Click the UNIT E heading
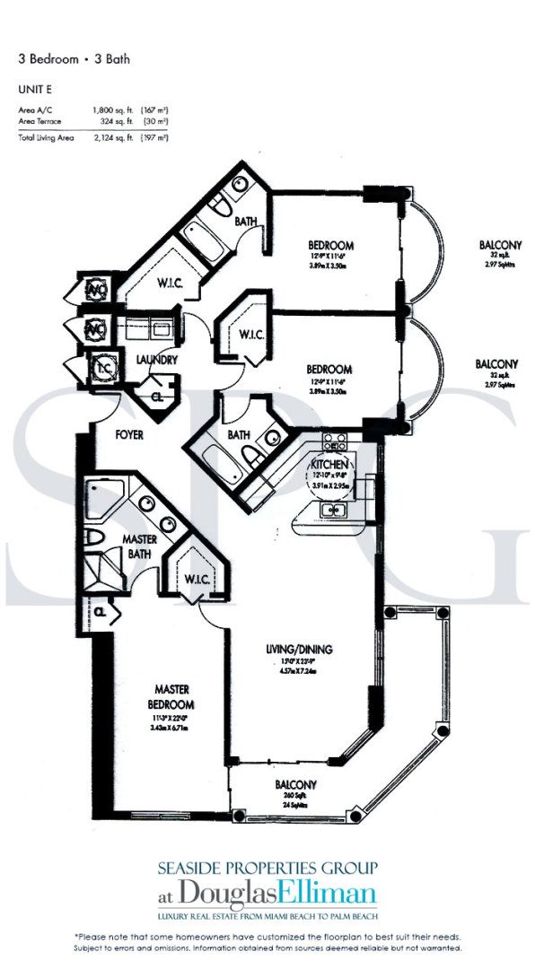pyautogui.click(x=33, y=90)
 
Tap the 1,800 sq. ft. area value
pyautogui.click(x=110, y=109)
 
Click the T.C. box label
pyautogui.click(x=101, y=367)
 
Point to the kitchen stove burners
pyautogui.click(x=334, y=441)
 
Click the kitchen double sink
pyautogui.click(x=336, y=511)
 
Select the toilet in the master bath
pyautogui.click(x=96, y=538)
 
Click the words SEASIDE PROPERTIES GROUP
pyautogui.click(x=267, y=868)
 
